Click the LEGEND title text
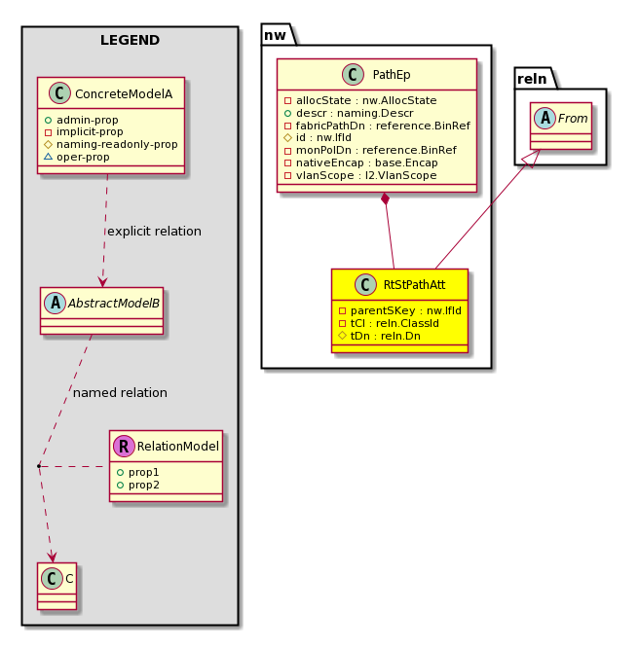click(130, 40)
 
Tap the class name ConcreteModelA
click(124, 94)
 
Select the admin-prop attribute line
click(81, 120)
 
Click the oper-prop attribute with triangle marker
click(77, 157)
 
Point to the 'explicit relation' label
click(154, 231)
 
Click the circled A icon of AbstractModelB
click(56, 303)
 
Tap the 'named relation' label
click(121, 392)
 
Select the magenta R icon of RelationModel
click(124, 446)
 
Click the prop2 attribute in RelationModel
click(138, 485)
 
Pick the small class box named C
click(56, 586)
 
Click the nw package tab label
click(275, 35)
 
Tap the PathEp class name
click(392, 75)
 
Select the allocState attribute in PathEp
click(360, 100)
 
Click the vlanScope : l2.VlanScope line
click(360, 175)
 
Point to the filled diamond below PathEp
click(386, 199)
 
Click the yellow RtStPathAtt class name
click(414, 285)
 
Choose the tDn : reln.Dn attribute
click(380, 336)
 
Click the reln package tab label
click(533, 79)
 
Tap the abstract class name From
click(573, 119)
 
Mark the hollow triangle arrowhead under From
click(533, 159)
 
